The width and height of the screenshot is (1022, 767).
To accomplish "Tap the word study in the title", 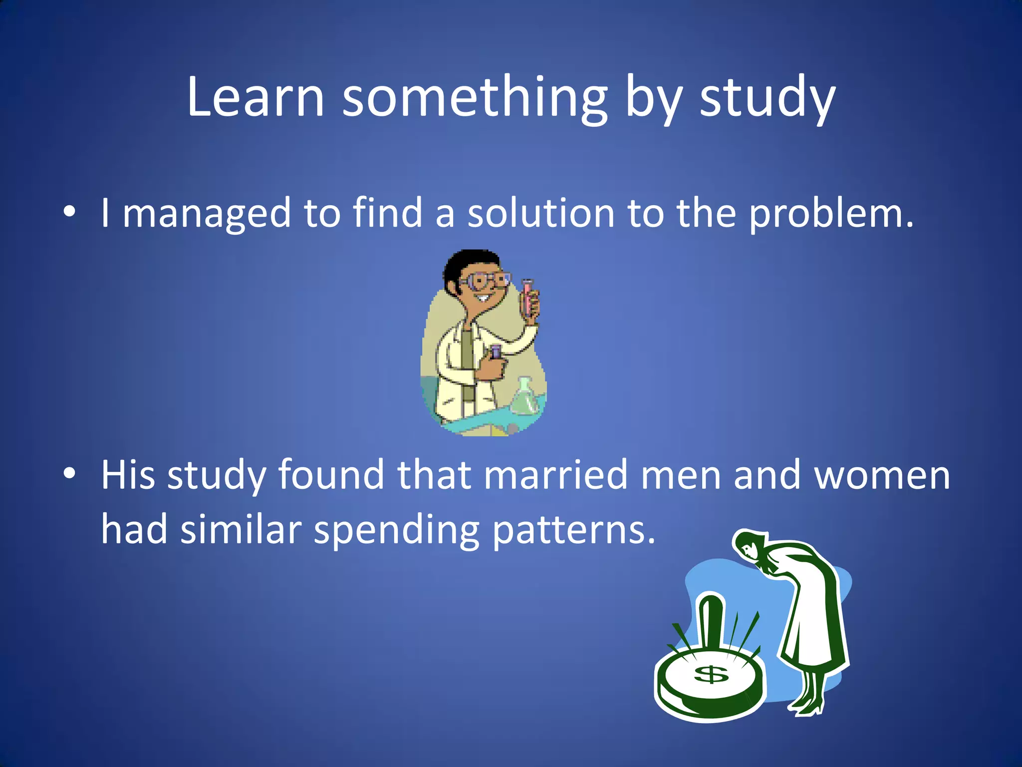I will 767,97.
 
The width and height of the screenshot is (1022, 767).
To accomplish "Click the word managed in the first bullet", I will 206,214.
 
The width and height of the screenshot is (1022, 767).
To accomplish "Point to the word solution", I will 540,213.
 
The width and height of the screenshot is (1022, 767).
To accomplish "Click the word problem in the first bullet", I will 831,214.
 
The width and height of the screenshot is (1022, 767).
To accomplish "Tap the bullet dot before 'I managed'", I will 69,212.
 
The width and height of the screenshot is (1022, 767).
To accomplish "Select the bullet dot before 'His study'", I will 69,473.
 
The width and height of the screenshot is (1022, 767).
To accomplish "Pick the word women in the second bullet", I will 882,475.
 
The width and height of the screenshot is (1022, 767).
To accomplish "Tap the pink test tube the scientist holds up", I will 527,297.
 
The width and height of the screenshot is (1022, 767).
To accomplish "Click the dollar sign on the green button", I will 711,674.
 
